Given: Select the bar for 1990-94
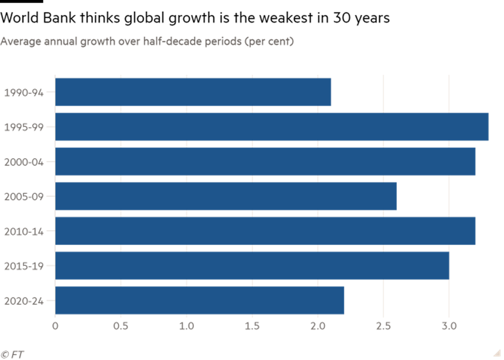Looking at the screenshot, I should click(193, 92).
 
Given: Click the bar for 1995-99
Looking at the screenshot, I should click(272, 127).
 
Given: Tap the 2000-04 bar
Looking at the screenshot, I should click(265, 161).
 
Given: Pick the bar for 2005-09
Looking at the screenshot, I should click(226, 196).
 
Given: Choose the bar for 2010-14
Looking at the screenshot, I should click(265, 231).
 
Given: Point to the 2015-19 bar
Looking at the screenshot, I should click(252, 265).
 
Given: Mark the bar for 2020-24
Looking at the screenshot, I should click(200, 300).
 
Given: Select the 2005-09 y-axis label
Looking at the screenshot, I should click(24, 197).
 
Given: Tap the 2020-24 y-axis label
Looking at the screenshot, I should click(24, 301).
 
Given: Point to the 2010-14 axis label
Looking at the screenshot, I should click(24, 231).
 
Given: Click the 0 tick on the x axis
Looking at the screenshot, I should click(55, 326).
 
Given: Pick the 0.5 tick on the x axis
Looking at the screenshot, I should click(121, 326).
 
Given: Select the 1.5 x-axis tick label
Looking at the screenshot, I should click(252, 326).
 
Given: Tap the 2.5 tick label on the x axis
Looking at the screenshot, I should click(383, 326).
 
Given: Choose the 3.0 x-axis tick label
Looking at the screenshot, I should click(449, 326).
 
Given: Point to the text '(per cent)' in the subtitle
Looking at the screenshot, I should click(269, 41).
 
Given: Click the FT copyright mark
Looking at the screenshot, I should click(12, 354).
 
